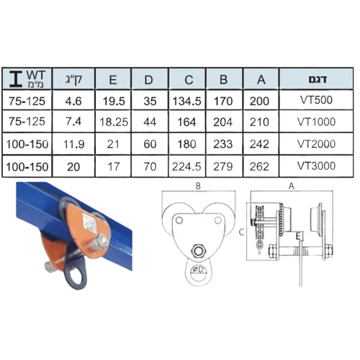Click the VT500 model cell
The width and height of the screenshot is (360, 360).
[316, 100]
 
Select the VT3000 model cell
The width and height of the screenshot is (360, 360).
[316, 166]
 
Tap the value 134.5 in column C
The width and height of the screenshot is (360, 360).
[186, 101]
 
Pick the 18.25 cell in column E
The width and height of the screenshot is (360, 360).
[114, 122]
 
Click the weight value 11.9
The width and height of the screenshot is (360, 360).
[73, 144]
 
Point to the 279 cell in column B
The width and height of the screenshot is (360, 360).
[223, 166]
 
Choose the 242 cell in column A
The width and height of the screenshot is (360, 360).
[259, 144]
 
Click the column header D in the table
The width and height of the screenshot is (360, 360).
[149, 80]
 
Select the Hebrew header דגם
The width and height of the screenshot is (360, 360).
[318, 79]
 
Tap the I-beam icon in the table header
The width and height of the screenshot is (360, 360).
[16, 78]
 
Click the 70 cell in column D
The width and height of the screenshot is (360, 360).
[150, 166]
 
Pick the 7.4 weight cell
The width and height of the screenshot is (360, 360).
[73, 122]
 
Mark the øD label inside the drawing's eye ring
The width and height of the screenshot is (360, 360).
[199, 269]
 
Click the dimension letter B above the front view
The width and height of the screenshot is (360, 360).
[198, 186]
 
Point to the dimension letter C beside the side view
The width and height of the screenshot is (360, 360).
[241, 232]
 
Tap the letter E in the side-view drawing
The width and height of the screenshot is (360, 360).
[298, 236]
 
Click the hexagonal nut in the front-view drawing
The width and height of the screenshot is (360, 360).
[198, 251]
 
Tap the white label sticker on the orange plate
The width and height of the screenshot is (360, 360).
[90, 224]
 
